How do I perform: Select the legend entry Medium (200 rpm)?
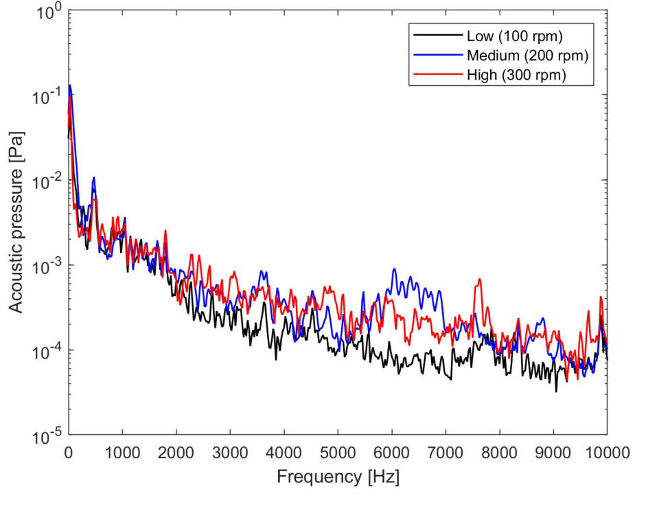[527, 55]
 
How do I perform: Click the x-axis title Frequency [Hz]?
[338, 477]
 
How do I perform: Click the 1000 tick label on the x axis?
[122, 452]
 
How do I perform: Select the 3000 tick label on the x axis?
[230, 452]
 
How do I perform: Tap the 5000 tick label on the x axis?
[338, 452]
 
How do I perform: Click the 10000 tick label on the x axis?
[607, 452]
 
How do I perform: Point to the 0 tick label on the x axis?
[69, 452]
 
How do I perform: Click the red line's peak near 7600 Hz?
[479, 279]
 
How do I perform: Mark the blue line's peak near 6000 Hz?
[394, 269]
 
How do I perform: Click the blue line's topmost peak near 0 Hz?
[70, 85]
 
